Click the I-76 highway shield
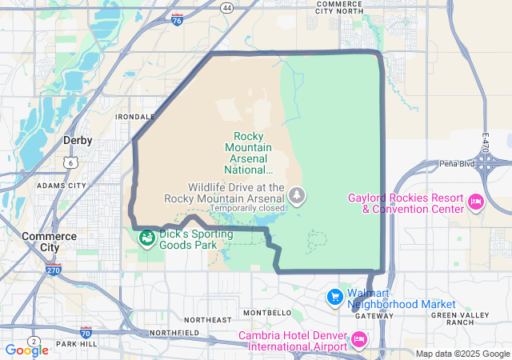point(176,18)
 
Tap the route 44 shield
point(228,8)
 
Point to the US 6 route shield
point(71,162)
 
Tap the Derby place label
point(78,140)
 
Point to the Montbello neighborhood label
point(267,312)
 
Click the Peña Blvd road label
point(458,163)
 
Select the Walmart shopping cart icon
point(335,297)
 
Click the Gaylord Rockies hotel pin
point(476,200)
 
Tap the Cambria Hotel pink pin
point(359,340)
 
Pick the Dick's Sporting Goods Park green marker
point(146,238)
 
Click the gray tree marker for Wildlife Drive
point(298,195)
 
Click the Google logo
point(26,350)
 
